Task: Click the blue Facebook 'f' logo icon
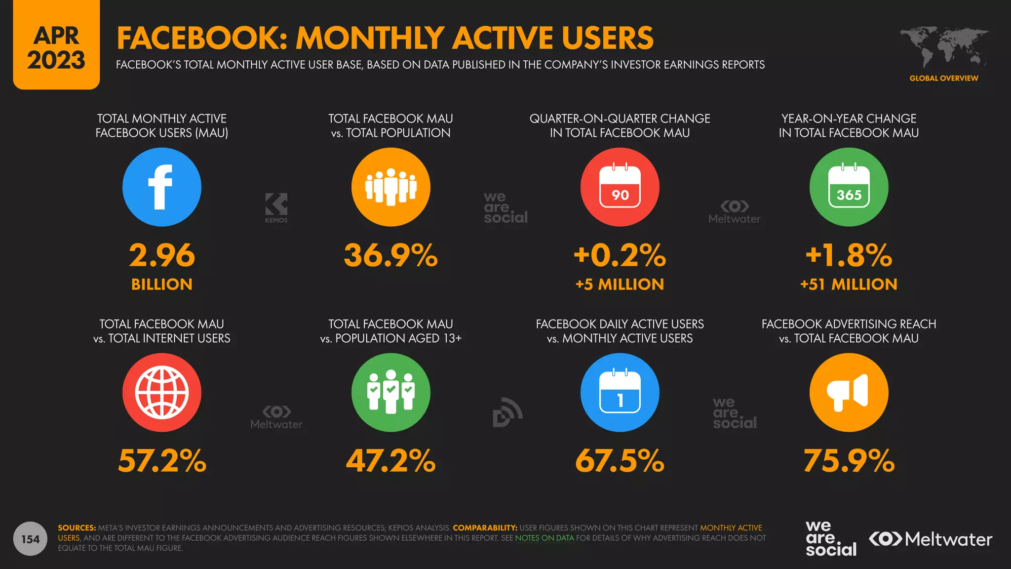[x=161, y=187]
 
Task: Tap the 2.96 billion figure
[x=161, y=256]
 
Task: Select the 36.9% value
[x=390, y=256]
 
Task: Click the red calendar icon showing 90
[x=620, y=187]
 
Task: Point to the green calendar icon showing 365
[x=849, y=187]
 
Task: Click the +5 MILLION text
[x=620, y=284]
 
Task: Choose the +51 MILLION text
[x=849, y=284]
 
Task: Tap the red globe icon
[x=161, y=393]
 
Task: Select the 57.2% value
[x=161, y=461]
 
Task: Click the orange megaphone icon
[x=849, y=393]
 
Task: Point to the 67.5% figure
[x=620, y=461]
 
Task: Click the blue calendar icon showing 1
[x=620, y=393]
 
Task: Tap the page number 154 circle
[x=30, y=539]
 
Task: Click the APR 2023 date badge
[x=56, y=48]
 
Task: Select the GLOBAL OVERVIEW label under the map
[x=943, y=78]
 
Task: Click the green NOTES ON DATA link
[x=544, y=538]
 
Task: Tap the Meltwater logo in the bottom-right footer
[x=930, y=539]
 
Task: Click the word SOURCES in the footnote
[x=77, y=528]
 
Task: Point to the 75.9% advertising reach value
[x=849, y=461]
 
